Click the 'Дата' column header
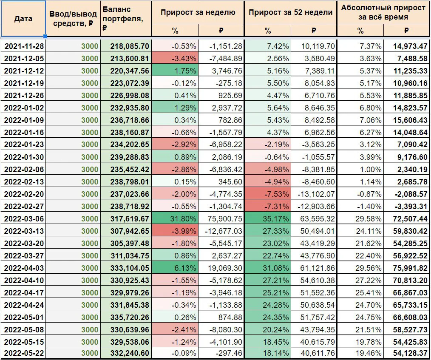click(x=23, y=19)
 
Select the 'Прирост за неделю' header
click(x=198, y=12)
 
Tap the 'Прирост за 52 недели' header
click(x=291, y=12)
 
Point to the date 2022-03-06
click(x=24, y=219)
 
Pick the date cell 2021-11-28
click(x=24, y=46)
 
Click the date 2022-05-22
click(x=24, y=353)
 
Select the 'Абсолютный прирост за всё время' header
click(x=383, y=12)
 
